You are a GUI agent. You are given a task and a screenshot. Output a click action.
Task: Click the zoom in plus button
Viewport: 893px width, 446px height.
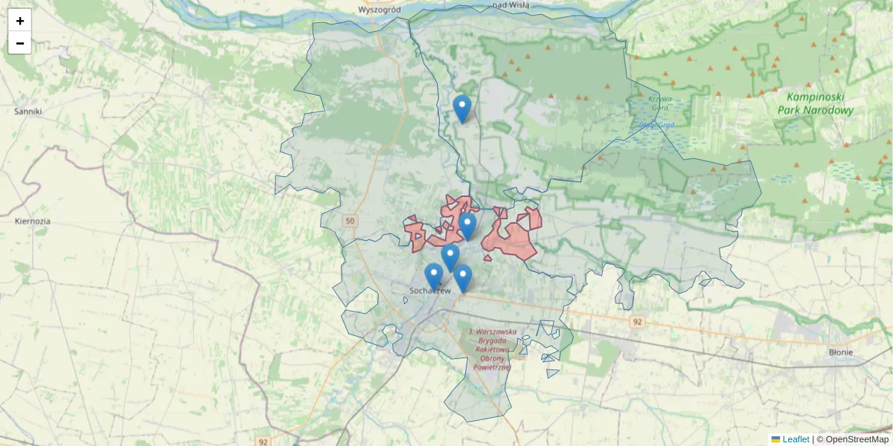click(20, 21)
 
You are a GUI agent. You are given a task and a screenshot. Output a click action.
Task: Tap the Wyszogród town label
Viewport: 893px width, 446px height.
click(380, 9)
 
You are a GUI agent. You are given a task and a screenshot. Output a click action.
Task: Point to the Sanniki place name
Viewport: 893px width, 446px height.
click(28, 111)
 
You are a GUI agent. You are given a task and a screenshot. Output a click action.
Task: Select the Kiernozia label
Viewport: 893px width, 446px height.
click(33, 222)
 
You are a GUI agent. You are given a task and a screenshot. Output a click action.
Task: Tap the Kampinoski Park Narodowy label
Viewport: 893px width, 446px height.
click(814, 103)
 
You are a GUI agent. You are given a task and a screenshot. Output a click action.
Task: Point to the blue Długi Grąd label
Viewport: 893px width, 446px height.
click(656, 125)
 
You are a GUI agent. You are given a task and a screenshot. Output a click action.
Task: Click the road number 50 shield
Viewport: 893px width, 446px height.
click(351, 221)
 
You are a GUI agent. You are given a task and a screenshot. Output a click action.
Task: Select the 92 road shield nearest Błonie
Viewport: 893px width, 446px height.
click(636, 322)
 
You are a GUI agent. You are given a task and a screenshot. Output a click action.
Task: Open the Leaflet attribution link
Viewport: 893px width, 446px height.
click(796, 439)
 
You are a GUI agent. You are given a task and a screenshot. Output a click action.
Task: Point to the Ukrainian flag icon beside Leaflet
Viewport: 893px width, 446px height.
click(775, 439)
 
